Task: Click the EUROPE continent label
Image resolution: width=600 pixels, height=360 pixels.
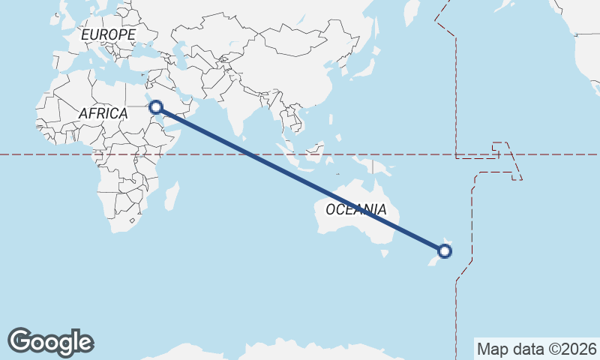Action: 108,35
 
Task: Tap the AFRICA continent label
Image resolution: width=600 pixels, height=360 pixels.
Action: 103,113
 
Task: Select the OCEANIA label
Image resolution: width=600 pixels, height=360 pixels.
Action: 356,210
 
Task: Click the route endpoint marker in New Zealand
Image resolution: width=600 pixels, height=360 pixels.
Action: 445,250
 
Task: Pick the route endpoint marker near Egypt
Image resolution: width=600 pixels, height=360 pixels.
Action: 156,107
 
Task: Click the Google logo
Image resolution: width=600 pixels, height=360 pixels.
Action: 50,342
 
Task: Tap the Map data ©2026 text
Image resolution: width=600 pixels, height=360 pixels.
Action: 536,349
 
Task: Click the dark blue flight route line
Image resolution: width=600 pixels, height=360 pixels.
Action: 300,179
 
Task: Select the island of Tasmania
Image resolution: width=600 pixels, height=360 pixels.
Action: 385,253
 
